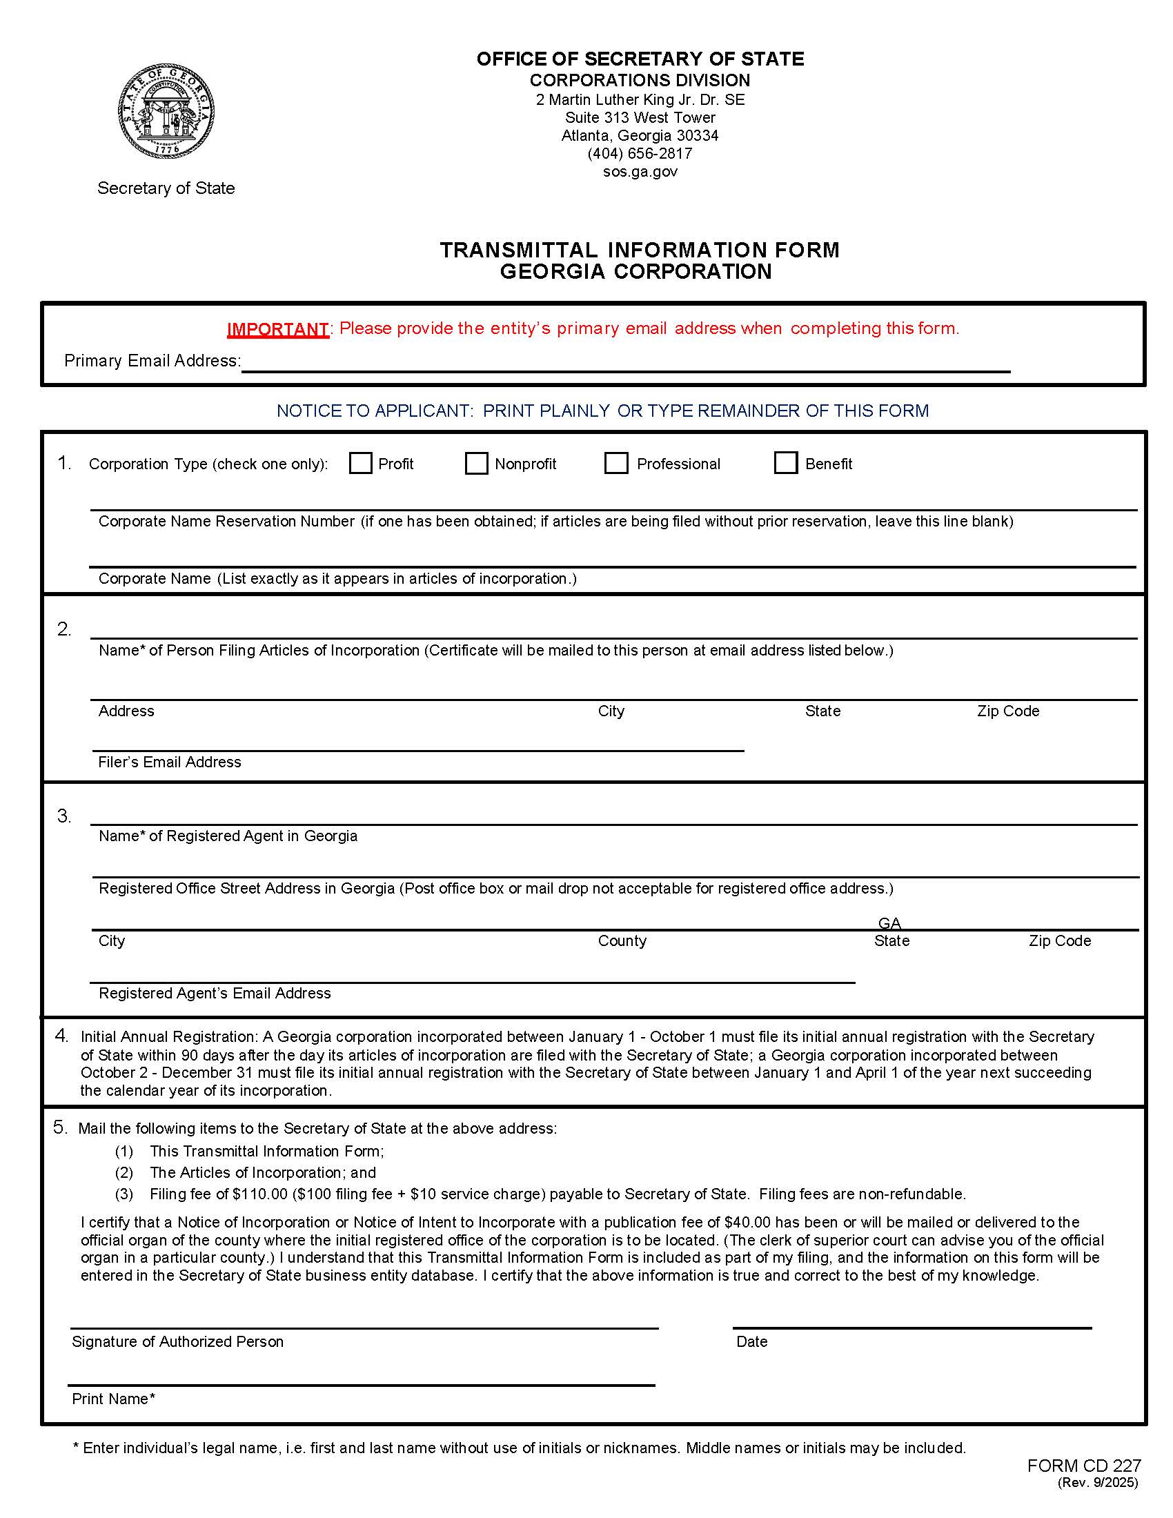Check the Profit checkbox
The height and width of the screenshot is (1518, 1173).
tap(360, 463)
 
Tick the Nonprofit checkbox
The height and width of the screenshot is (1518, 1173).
tap(476, 463)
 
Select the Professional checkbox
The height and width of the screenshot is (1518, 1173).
tap(615, 463)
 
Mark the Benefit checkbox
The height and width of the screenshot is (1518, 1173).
tap(785, 463)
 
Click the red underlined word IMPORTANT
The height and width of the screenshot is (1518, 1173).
tap(277, 328)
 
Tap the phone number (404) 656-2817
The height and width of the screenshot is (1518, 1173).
tap(640, 154)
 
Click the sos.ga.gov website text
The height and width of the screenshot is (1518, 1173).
tap(640, 172)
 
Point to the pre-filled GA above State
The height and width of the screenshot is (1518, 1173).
tap(889, 923)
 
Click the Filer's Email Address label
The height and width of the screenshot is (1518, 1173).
tap(170, 762)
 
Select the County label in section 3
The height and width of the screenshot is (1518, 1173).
tap(622, 940)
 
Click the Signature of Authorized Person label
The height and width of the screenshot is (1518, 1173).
tap(177, 1341)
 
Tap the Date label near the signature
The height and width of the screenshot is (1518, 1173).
tap(751, 1341)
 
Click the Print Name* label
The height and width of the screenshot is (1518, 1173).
tap(113, 1399)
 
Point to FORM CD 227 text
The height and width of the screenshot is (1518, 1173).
tap(1083, 1465)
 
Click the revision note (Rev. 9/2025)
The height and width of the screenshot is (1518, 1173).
tap(1097, 1482)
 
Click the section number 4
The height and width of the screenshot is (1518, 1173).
tap(61, 1036)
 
